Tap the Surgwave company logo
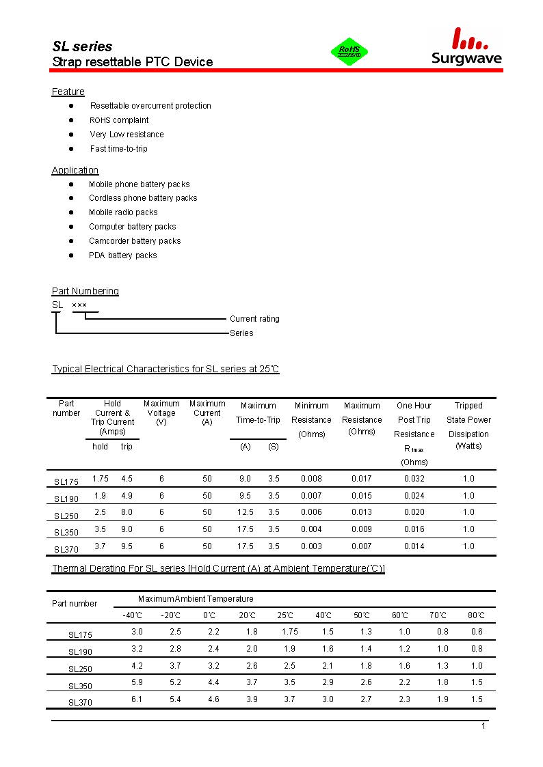pyautogui.click(x=467, y=48)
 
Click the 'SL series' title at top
pyautogui.click(x=82, y=46)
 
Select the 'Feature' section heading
pyautogui.click(x=68, y=92)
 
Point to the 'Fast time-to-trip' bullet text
pyautogui.click(x=118, y=149)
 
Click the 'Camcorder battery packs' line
pyautogui.click(x=135, y=241)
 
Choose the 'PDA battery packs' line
pyautogui.click(x=123, y=255)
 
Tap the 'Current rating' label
pyautogui.click(x=254, y=319)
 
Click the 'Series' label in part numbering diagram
pyautogui.click(x=241, y=333)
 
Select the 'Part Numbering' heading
pyautogui.click(x=85, y=291)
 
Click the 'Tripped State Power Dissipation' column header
pyautogui.click(x=468, y=426)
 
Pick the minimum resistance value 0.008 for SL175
pyautogui.click(x=311, y=479)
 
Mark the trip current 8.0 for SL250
pyautogui.click(x=127, y=512)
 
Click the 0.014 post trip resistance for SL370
pyautogui.click(x=414, y=546)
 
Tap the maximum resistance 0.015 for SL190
pyautogui.click(x=362, y=496)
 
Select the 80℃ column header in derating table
pyautogui.click(x=477, y=615)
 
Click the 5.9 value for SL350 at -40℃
pyautogui.click(x=137, y=682)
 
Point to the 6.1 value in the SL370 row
pyautogui.click(x=137, y=699)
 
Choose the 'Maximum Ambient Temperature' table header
pyautogui.click(x=196, y=599)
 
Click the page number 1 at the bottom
pyautogui.click(x=484, y=726)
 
